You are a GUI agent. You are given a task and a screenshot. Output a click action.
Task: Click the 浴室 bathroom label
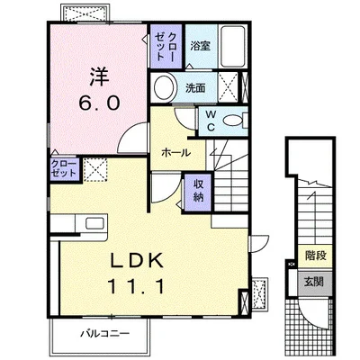pos(201,46)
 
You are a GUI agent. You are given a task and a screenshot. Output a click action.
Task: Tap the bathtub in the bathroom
pos(233,46)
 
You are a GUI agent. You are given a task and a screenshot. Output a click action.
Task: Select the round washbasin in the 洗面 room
pos(164,88)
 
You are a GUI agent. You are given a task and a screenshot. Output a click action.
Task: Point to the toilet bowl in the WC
pos(233,121)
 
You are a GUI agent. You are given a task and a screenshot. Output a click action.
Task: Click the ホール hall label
pos(176,153)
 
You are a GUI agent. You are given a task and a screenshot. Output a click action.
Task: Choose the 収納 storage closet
pos(198,192)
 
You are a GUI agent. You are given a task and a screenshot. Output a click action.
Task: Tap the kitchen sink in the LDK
pos(95,223)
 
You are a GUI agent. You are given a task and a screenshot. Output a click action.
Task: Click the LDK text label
pos(138,260)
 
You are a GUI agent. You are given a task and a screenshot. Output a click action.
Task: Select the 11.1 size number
pos(137,286)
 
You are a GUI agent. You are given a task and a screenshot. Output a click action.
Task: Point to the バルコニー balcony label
pos(105,333)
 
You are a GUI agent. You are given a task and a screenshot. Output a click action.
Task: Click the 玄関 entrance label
pos(314,282)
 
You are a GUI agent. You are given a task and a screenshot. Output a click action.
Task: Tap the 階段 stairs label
pos(316,256)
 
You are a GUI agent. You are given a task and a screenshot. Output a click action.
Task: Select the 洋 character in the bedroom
pos(98,76)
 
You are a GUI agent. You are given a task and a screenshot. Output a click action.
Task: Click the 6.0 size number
pos(99,103)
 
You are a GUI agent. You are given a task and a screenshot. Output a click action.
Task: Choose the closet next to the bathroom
pos(166,46)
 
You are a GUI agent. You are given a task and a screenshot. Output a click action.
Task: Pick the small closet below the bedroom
pos(65,169)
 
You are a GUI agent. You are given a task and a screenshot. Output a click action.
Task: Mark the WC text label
pos(211,121)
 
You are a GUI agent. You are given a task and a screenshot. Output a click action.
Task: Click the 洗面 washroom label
pos(195,88)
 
